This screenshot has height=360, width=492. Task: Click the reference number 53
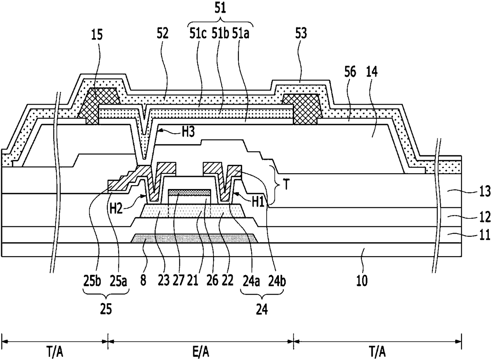301,33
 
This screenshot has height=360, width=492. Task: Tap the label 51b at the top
220,34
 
